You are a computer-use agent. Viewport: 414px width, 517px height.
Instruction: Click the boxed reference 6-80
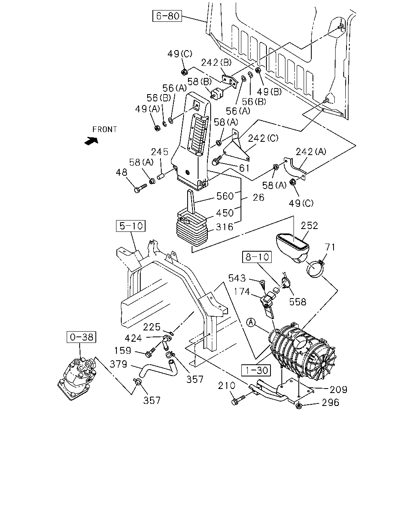tap(167, 16)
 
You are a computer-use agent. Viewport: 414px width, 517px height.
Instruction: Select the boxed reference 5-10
tap(131, 226)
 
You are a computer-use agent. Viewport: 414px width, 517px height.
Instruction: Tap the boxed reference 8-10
tap(257, 257)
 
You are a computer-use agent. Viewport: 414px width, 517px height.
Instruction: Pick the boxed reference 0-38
tap(81, 337)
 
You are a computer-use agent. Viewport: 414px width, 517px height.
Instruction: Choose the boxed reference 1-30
tap(256, 370)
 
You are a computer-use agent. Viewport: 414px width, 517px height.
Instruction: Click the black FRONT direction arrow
tap(91, 141)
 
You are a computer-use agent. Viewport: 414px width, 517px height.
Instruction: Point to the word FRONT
tap(105, 130)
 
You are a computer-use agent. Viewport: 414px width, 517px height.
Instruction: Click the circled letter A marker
tap(251, 322)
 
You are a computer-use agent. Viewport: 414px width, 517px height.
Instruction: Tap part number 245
tap(159, 152)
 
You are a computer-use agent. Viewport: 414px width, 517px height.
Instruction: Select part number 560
tap(225, 196)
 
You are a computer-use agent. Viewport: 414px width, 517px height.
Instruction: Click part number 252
tap(309, 226)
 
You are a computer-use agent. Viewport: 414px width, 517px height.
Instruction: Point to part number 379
tap(118, 364)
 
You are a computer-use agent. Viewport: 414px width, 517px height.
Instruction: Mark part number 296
tap(331, 403)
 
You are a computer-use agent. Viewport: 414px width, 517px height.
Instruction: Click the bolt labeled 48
tap(140, 188)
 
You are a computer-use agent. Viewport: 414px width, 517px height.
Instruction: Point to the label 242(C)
tap(263, 138)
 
